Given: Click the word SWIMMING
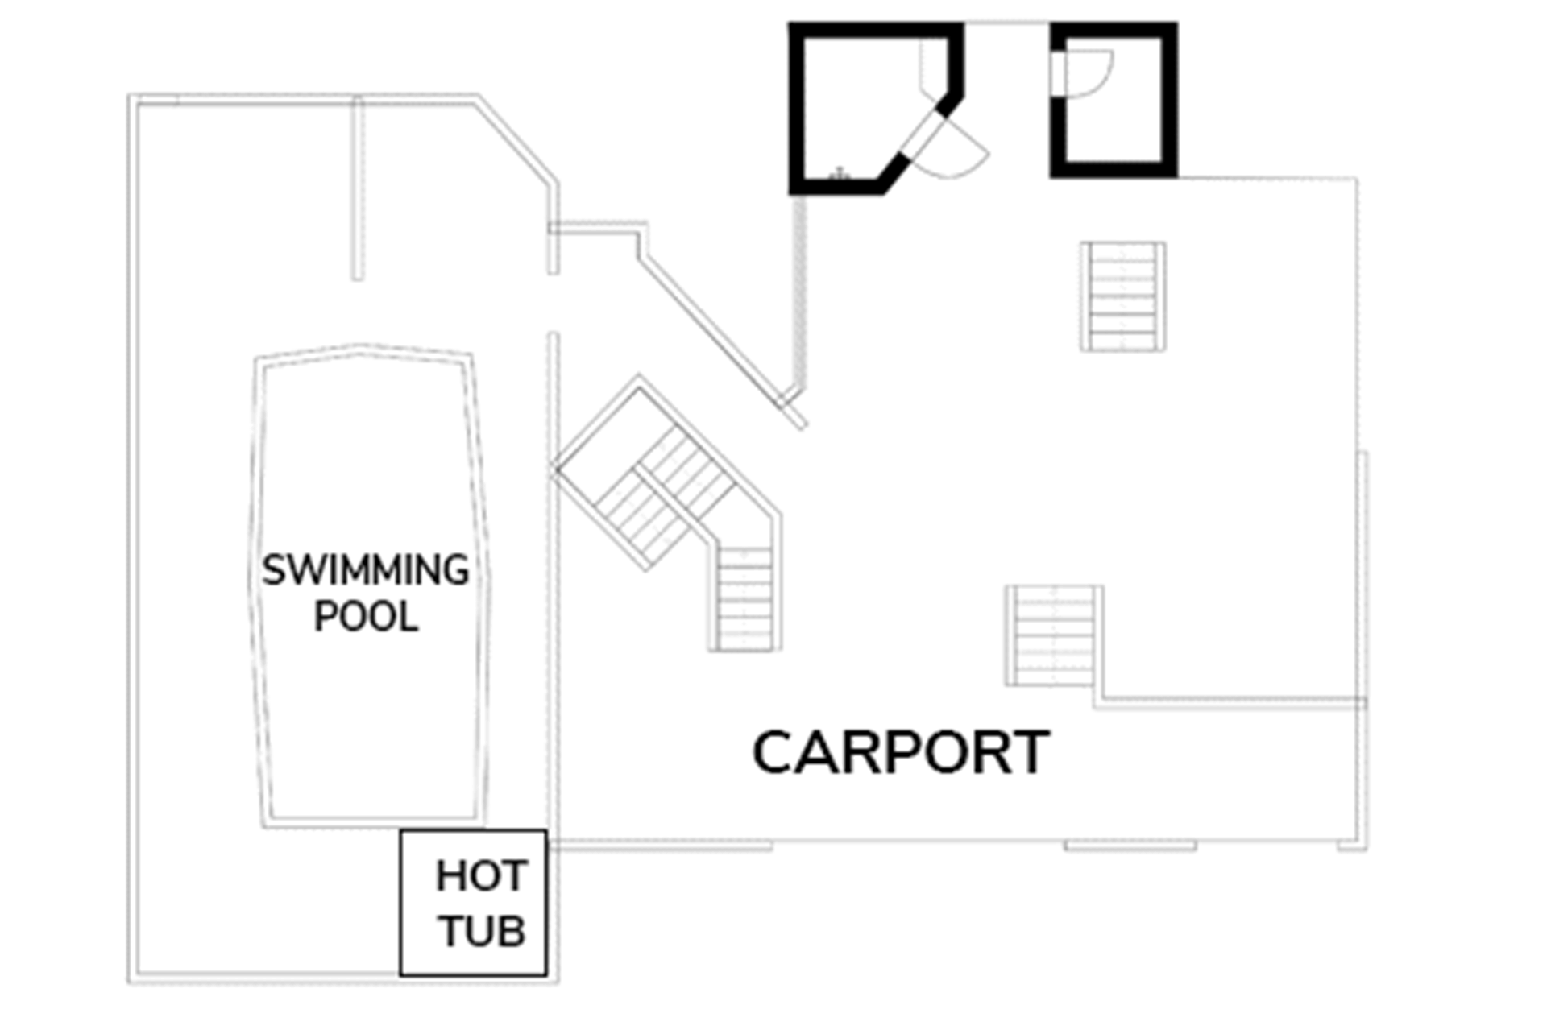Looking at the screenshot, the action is [365, 570].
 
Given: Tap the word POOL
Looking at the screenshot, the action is [366, 617].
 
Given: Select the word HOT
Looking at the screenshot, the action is [481, 876].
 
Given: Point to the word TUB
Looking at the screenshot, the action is [482, 931].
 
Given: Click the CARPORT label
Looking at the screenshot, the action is [901, 753].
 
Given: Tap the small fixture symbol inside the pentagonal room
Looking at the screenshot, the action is [840, 173].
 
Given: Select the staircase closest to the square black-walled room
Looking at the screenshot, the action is [1123, 296].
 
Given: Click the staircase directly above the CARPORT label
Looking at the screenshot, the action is [1054, 636].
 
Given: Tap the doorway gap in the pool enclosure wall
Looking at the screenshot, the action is [554, 303].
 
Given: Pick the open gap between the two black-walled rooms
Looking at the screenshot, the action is [1007, 24].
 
